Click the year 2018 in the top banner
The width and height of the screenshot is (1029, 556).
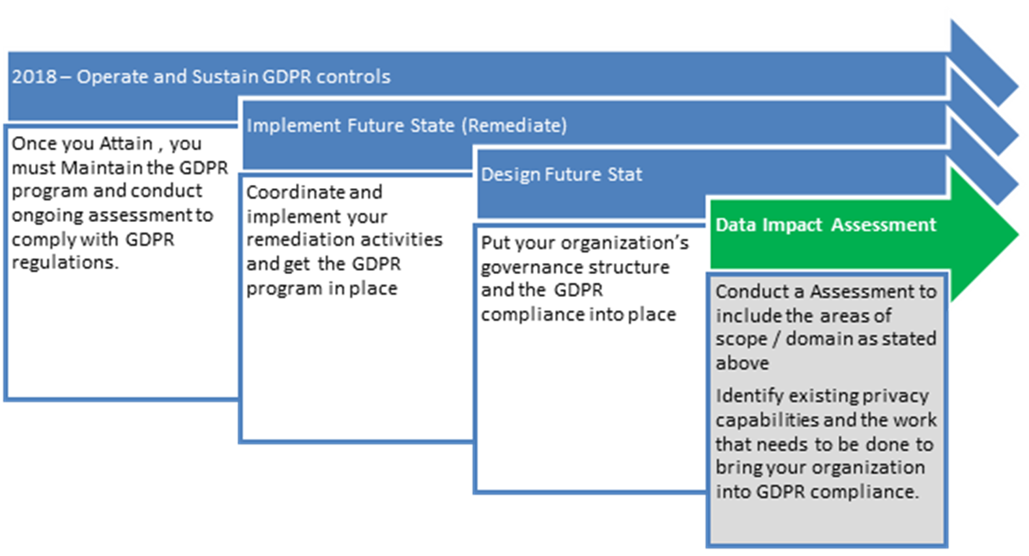click(34, 77)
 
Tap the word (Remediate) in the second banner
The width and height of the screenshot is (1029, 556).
click(514, 125)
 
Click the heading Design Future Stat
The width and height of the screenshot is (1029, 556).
click(561, 174)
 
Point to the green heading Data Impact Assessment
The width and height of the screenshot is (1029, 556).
click(825, 225)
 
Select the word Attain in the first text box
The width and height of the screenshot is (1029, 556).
click(126, 143)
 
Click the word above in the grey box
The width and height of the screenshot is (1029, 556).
click(742, 363)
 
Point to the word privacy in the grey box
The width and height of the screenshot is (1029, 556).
click(895, 396)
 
